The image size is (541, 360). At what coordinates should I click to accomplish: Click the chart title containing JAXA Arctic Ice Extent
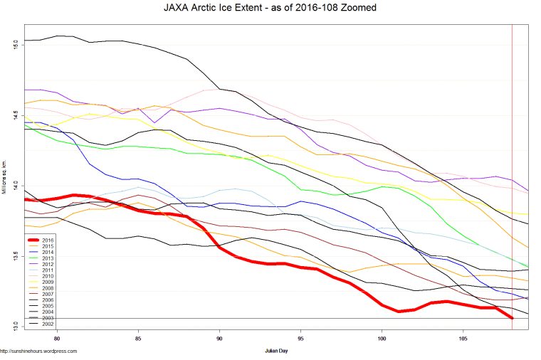point(270,8)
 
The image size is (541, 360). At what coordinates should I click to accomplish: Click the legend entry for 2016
point(47,240)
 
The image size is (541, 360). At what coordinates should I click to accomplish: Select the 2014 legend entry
point(47,253)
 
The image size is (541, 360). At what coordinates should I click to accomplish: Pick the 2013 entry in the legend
point(47,258)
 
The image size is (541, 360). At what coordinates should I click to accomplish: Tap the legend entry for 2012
point(47,265)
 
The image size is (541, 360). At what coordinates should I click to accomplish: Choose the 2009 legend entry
point(47,282)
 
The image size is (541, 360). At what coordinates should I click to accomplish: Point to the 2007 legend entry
point(47,294)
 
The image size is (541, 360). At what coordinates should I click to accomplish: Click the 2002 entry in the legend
point(47,324)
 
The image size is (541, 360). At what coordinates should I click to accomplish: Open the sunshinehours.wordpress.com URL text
point(38,351)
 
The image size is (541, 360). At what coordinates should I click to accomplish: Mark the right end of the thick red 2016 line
point(512,317)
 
